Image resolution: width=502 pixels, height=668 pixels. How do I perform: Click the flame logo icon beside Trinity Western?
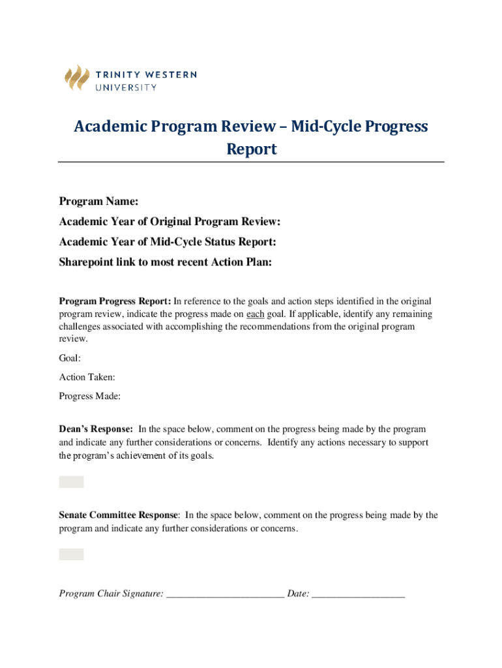[76, 78]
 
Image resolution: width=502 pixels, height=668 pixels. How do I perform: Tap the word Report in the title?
[251, 149]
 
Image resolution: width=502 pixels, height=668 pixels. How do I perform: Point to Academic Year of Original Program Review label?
[170, 222]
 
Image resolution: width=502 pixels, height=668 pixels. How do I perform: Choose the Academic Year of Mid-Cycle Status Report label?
[168, 242]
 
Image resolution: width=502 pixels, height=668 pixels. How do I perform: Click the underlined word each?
[254, 314]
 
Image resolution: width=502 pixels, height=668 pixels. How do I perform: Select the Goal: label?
[70, 358]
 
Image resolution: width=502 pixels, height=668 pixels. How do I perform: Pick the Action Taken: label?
[87, 377]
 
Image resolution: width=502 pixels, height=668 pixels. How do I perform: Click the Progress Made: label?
[90, 396]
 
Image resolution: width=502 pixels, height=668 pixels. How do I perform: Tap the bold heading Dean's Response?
[96, 429]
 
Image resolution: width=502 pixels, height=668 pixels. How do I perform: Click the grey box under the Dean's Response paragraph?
[71, 482]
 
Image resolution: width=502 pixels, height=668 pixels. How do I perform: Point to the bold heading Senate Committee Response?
[118, 515]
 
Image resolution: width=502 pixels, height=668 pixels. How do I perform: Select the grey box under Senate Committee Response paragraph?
[71, 554]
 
